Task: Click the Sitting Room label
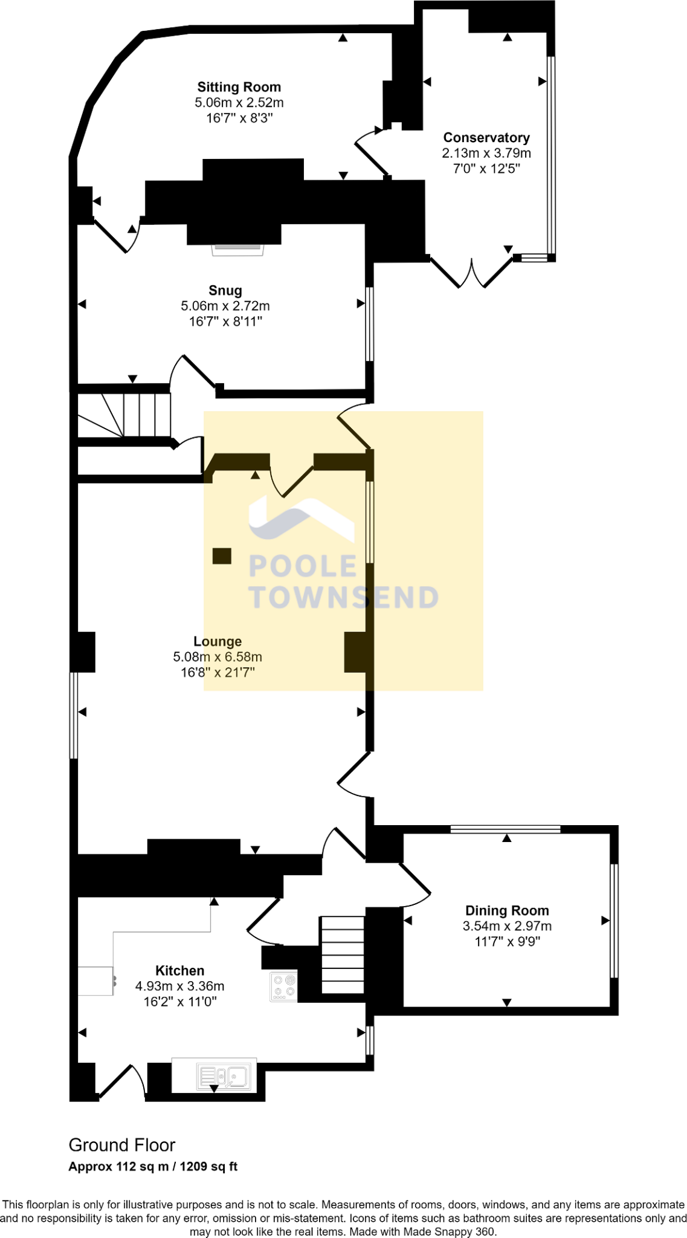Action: (x=239, y=87)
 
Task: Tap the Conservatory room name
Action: (x=486, y=138)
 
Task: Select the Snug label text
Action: (x=225, y=291)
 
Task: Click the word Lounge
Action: (x=218, y=641)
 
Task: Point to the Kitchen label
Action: (x=179, y=971)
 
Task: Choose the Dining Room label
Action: (x=507, y=910)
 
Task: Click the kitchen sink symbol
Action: (x=223, y=1077)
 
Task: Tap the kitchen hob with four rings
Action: (x=283, y=987)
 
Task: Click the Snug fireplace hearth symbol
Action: (x=237, y=248)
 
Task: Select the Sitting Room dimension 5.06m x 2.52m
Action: (x=239, y=103)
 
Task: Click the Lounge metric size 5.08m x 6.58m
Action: (x=218, y=657)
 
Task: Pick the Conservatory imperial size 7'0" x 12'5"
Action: (x=486, y=169)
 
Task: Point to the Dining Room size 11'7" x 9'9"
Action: (x=507, y=941)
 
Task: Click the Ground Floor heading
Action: (x=122, y=1146)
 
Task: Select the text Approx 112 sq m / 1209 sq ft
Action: (x=153, y=1167)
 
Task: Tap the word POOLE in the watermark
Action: (x=303, y=566)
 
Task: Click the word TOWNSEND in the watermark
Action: (x=344, y=597)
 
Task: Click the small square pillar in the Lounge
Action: (x=222, y=556)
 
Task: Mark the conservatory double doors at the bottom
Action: (x=472, y=272)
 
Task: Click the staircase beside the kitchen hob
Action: (x=343, y=955)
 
